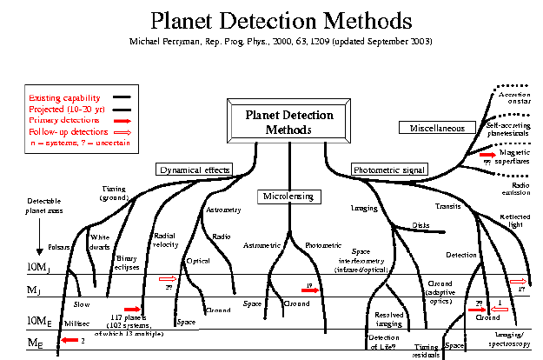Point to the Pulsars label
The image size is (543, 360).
(59, 247)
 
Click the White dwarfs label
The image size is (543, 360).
(100, 240)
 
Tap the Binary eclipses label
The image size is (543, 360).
(129, 262)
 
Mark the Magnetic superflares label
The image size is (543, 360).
(516, 157)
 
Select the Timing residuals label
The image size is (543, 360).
(427, 350)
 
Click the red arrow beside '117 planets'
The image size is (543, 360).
(133, 309)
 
